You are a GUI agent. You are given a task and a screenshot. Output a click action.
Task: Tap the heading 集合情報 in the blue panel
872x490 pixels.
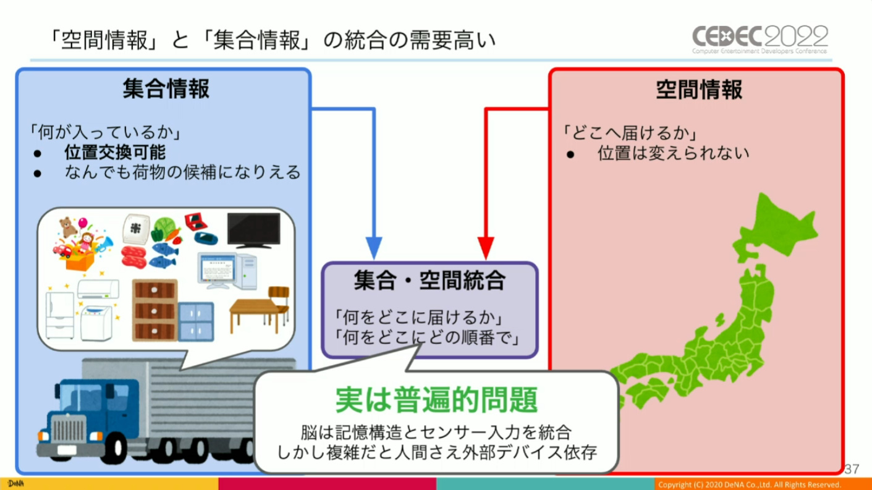coord(166,90)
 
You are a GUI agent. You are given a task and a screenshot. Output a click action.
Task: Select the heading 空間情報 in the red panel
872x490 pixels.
coord(698,90)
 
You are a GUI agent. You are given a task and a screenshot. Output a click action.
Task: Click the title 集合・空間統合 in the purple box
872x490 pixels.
coord(430,282)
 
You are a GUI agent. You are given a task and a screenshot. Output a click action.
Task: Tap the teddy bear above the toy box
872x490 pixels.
coord(66,226)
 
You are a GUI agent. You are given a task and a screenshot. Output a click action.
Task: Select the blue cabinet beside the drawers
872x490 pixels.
coord(195,321)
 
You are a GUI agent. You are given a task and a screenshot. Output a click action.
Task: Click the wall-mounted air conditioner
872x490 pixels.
coord(98,289)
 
